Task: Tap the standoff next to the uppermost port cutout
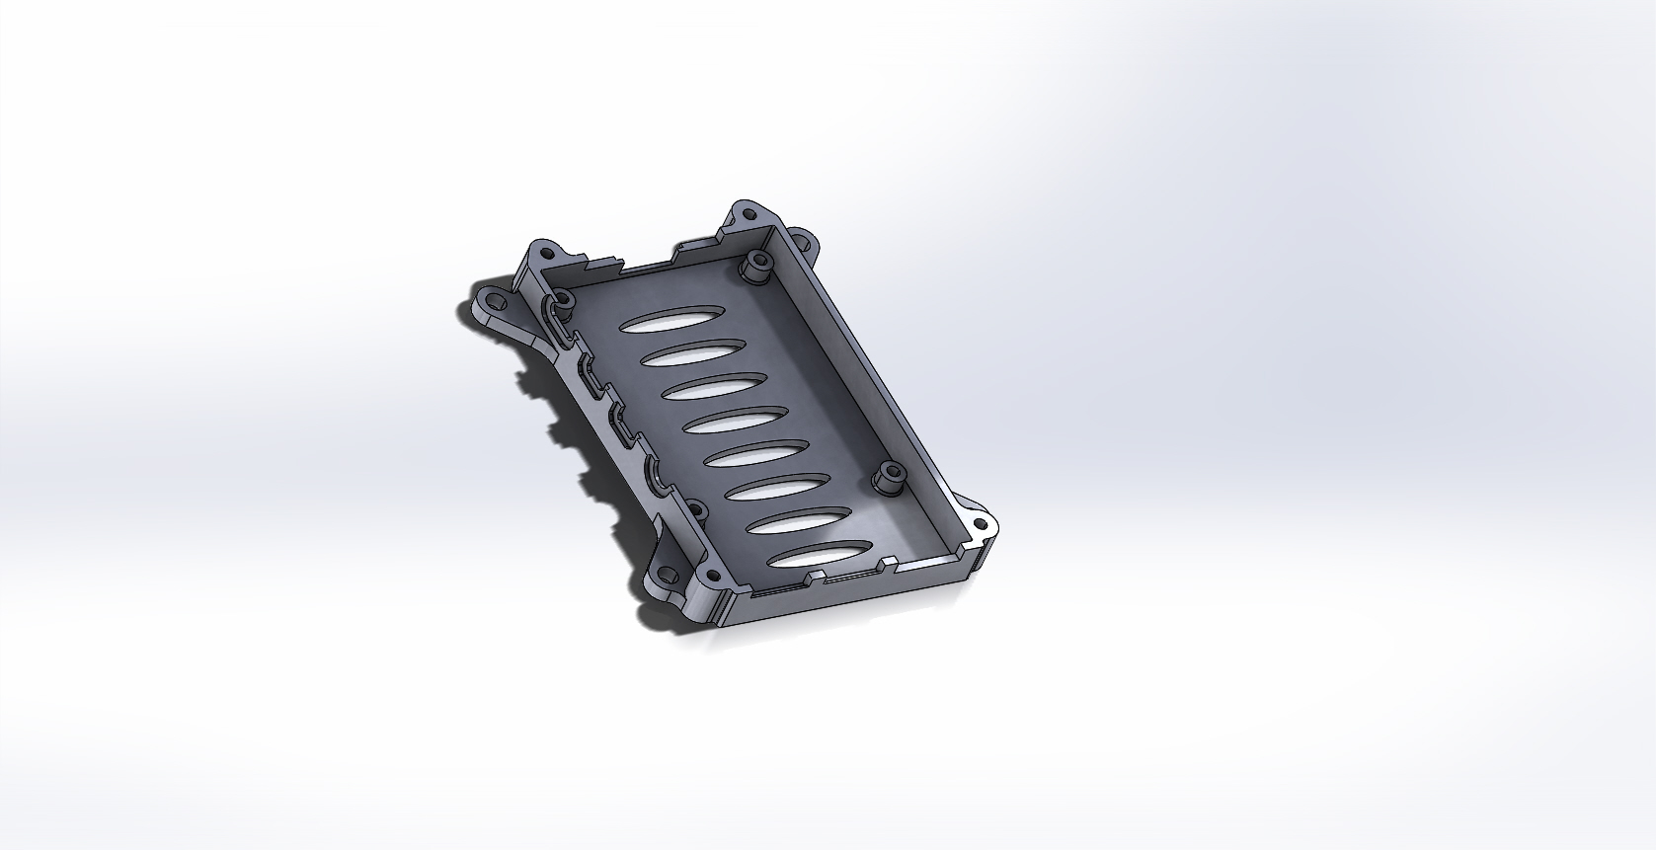(x=564, y=300)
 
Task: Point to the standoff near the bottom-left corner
(x=694, y=512)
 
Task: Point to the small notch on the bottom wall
(x=817, y=574)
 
